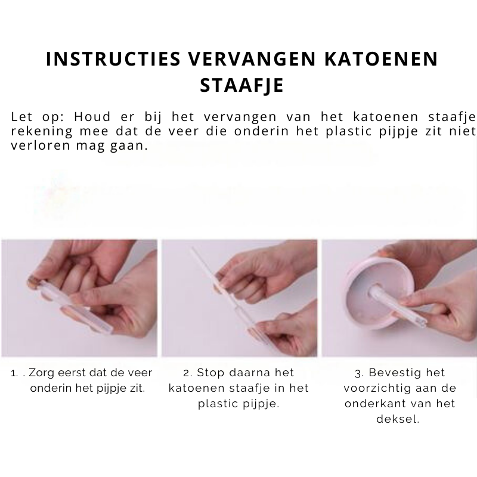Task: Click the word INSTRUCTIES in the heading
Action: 113,58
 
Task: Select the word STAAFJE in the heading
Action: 242,85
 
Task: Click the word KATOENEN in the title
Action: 381,58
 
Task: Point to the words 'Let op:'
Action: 38,117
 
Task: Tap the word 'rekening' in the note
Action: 42,131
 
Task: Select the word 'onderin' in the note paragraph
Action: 261,131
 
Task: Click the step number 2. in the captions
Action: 188,373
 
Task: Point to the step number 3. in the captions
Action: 360,373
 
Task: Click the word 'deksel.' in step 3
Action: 398,419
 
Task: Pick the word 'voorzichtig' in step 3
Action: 377,389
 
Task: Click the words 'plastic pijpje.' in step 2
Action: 238,404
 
